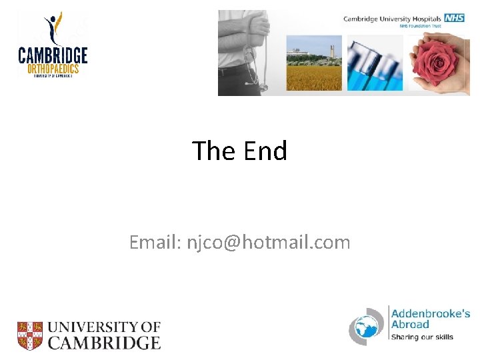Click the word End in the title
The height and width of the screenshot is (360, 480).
tap(265, 151)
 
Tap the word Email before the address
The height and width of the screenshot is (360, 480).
tap(153, 243)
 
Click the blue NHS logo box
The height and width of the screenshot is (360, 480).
tap(455, 18)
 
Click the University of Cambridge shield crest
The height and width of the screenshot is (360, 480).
tap(30, 335)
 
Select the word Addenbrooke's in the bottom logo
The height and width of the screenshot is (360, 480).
tap(431, 313)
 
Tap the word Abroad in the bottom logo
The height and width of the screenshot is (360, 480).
tap(410, 325)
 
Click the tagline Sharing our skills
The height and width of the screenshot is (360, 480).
tap(422, 337)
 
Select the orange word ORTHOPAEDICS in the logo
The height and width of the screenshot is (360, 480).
tap(53, 68)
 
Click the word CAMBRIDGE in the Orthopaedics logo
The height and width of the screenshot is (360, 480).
tap(53, 55)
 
